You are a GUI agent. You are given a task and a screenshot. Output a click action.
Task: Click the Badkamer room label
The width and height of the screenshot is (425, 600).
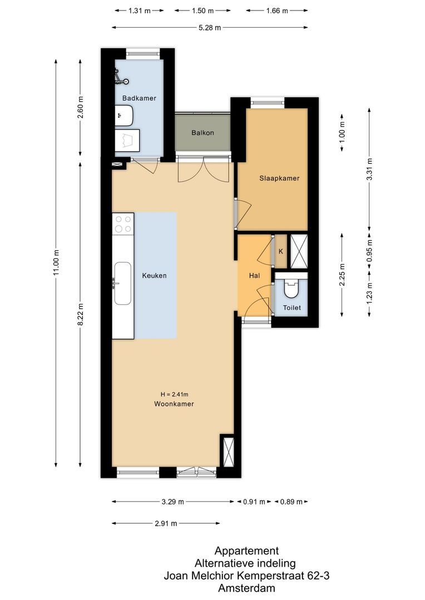pyautogui.click(x=139, y=98)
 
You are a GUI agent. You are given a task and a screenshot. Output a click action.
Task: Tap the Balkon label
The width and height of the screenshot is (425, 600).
pyautogui.click(x=202, y=133)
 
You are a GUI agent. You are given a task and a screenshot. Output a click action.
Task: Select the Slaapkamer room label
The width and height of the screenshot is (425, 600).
pyautogui.click(x=279, y=179)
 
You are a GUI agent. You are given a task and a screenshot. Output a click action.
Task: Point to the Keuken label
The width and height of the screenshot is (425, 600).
pyautogui.click(x=154, y=276)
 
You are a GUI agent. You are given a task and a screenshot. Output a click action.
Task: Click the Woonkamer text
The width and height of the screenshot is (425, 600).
pyautogui.click(x=174, y=404)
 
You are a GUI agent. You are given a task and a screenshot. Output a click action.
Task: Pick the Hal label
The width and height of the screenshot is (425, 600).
pyautogui.click(x=254, y=276)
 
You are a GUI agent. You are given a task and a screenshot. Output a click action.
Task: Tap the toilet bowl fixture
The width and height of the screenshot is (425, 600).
pyautogui.click(x=291, y=288)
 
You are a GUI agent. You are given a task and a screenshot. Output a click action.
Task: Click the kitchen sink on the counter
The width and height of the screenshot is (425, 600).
pyautogui.click(x=122, y=284)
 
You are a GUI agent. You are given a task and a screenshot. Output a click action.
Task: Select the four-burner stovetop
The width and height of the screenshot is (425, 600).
pyautogui.click(x=123, y=224)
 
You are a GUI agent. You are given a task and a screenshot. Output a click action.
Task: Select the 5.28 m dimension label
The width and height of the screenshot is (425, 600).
pyautogui.click(x=210, y=27)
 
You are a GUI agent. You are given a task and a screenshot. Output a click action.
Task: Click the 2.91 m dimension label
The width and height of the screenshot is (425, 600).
pyautogui.click(x=166, y=523)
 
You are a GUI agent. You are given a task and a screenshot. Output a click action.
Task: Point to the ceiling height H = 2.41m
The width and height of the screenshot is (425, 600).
pyautogui.click(x=174, y=394)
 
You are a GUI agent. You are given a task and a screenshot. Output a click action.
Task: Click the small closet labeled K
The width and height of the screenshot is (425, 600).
pyautogui.click(x=281, y=251)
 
